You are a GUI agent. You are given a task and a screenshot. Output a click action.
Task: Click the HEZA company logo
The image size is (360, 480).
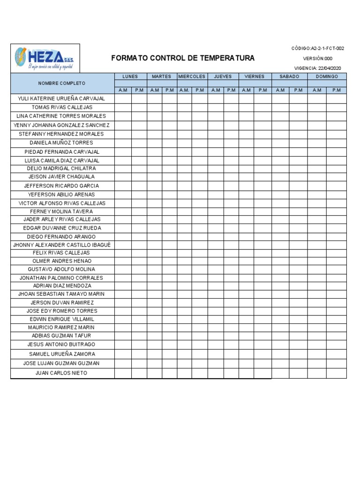tap(45, 58)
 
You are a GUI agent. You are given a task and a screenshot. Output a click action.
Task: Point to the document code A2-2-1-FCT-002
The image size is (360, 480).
tap(318, 48)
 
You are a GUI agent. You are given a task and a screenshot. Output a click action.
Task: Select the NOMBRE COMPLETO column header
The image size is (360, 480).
tap(62, 83)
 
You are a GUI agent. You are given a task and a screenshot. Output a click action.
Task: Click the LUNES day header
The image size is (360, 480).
tap(130, 76)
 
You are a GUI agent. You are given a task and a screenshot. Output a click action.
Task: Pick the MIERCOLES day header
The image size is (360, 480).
tap(192, 76)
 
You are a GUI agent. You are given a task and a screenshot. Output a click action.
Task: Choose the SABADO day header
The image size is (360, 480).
tap(289, 76)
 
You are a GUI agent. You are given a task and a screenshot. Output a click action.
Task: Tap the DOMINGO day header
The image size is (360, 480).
tap(327, 76)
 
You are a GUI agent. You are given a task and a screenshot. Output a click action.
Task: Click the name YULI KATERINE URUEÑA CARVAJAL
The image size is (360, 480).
tap(61, 99)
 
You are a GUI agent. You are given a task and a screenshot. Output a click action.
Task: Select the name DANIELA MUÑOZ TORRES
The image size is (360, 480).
tap(61, 142)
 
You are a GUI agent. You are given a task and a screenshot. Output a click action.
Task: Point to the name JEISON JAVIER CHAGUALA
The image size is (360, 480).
tap(61, 177)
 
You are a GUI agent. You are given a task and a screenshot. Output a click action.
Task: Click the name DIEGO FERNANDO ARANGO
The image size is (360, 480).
tap(61, 237)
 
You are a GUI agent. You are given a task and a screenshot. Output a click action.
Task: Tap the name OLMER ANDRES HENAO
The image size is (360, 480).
tap(62, 261)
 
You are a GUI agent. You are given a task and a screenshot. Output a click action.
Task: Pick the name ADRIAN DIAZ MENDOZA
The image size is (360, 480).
tap(62, 285)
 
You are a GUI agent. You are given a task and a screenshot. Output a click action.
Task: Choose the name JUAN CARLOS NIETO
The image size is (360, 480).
tap(61, 373)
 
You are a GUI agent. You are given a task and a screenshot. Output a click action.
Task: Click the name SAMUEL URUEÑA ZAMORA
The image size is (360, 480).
tap(62, 354)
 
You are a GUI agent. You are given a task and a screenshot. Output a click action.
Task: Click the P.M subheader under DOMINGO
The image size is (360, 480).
tap(336, 90)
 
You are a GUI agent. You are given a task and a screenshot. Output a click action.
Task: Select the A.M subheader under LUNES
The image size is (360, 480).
tap(123, 90)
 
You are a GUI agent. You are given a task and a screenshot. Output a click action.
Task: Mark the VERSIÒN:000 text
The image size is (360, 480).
tap(318, 59)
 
